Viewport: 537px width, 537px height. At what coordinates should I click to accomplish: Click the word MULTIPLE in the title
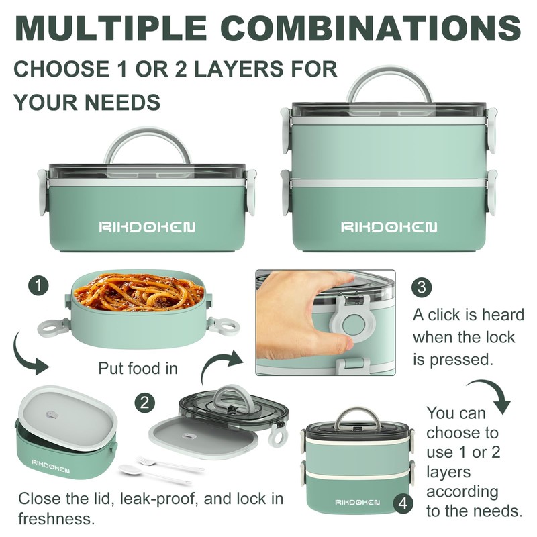pyautogui.click(x=110, y=28)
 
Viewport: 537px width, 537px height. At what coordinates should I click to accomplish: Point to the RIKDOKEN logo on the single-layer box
pyautogui.click(x=148, y=227)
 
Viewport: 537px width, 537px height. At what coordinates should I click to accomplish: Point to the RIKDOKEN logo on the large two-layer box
pyautogui.click(x=389, y=227)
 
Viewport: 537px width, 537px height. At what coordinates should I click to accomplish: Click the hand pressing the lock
pyautogui.click(x=302, y=315)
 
